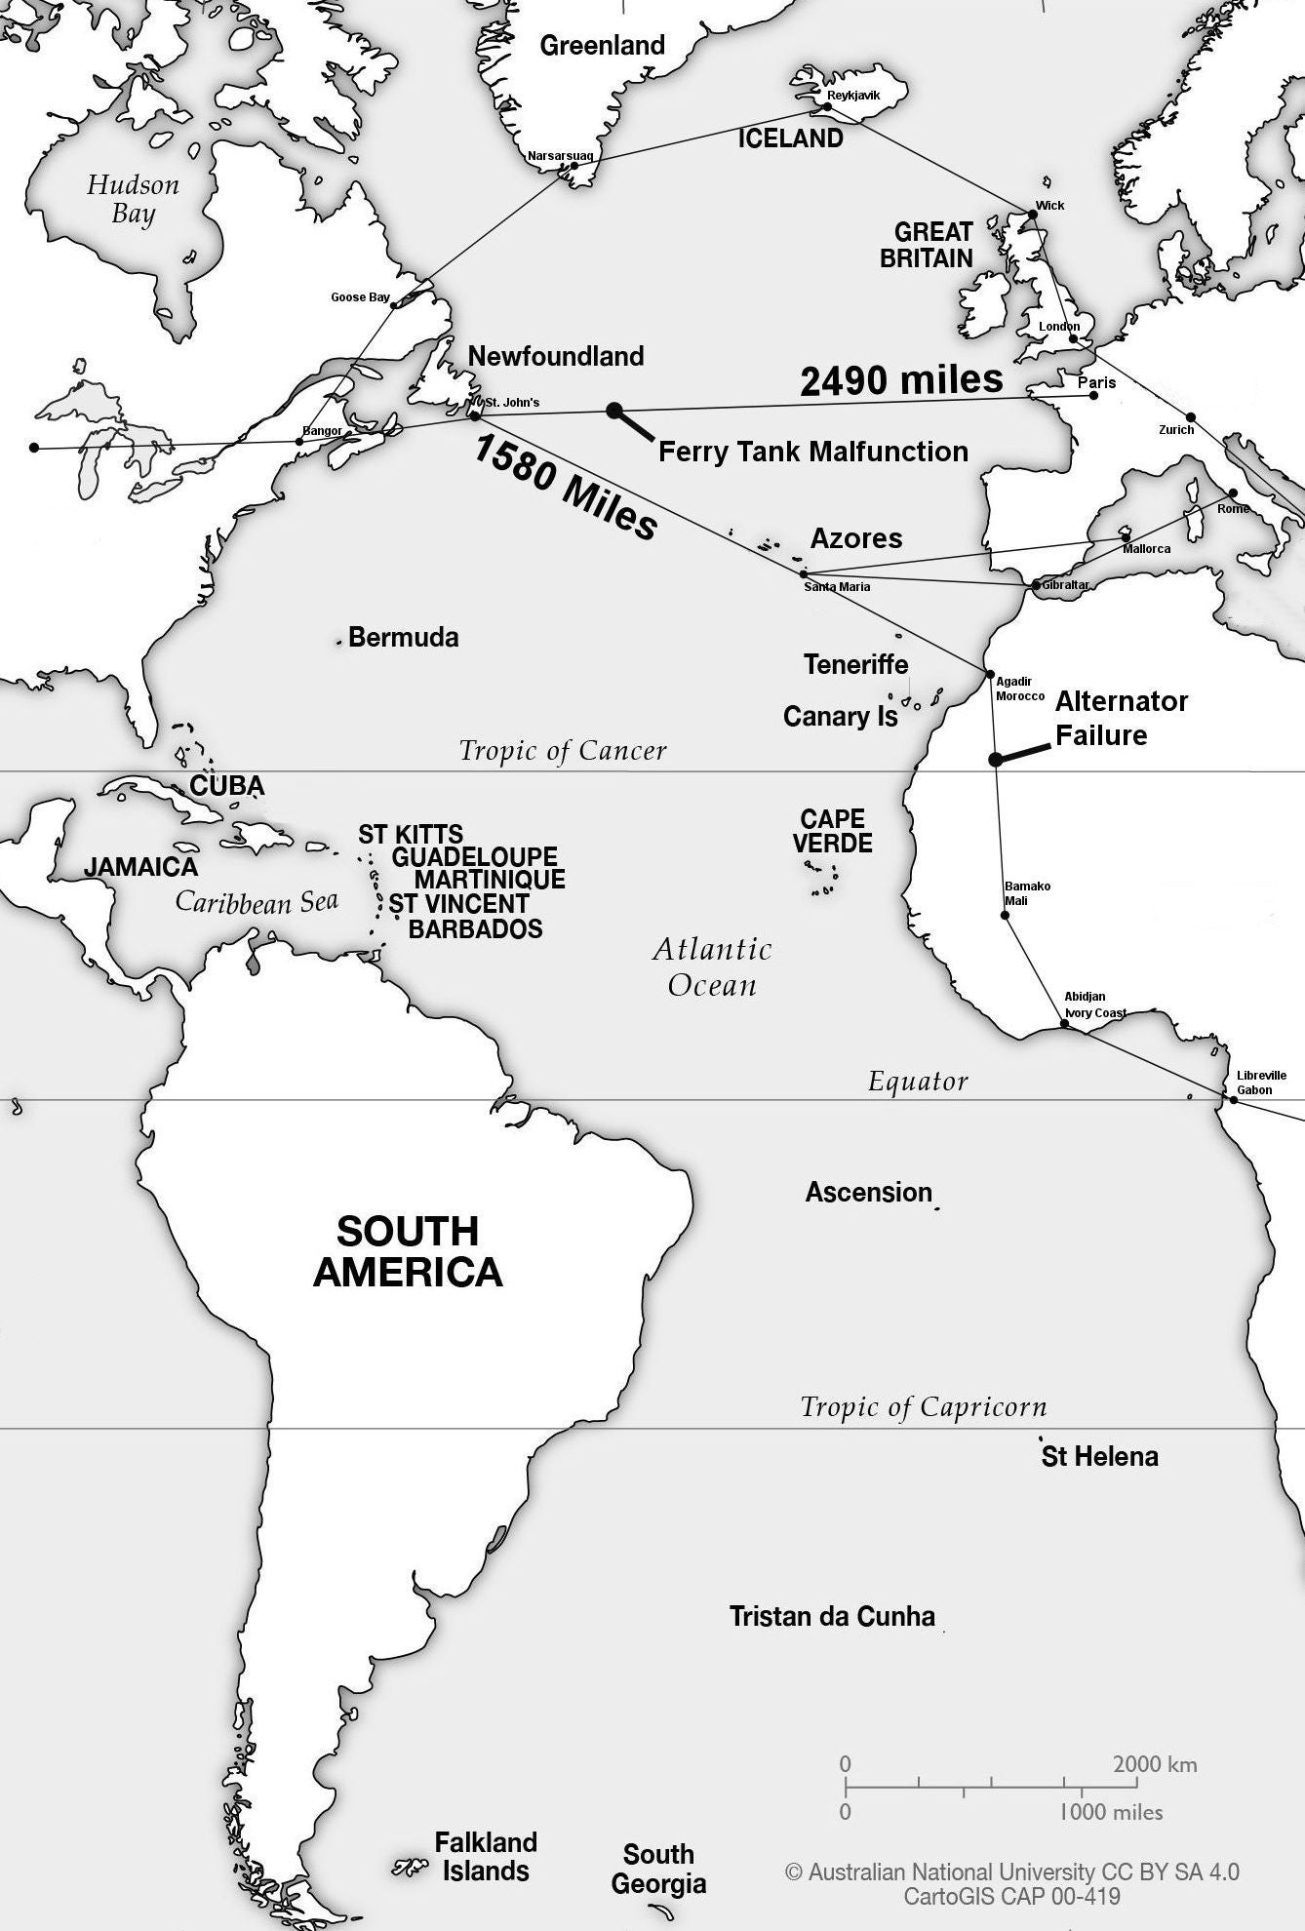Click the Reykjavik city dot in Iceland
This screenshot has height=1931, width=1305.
coord(828,105)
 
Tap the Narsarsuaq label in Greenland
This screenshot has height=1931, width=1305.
coord(559,156)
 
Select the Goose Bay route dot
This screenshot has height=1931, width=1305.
coord(393,306)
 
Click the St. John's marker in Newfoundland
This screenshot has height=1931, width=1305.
coord(474,415)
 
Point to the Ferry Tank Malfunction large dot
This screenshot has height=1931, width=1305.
coord(613,411)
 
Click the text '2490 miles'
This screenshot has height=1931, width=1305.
coord(901,379)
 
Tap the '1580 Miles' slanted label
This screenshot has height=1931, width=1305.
coord(566,488)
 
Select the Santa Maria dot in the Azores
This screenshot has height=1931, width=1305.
coord(804,573)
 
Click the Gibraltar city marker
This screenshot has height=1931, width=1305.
coord(1036,585)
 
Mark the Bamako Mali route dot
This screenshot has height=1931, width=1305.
coord(1006,915)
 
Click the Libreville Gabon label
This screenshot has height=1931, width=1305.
coord(1260,1083)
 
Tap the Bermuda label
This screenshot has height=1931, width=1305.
coord(403,638)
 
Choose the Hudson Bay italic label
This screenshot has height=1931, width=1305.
coord(133,199)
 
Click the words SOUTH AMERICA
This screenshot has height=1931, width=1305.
coord(408,1251)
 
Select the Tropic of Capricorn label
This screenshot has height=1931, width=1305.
coord(923,1407)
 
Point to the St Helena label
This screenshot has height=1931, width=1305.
coord(1099,1457)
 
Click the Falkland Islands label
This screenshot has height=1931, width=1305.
coord(485,1857)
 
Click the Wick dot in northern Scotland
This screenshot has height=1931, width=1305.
coord(1033,214)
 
